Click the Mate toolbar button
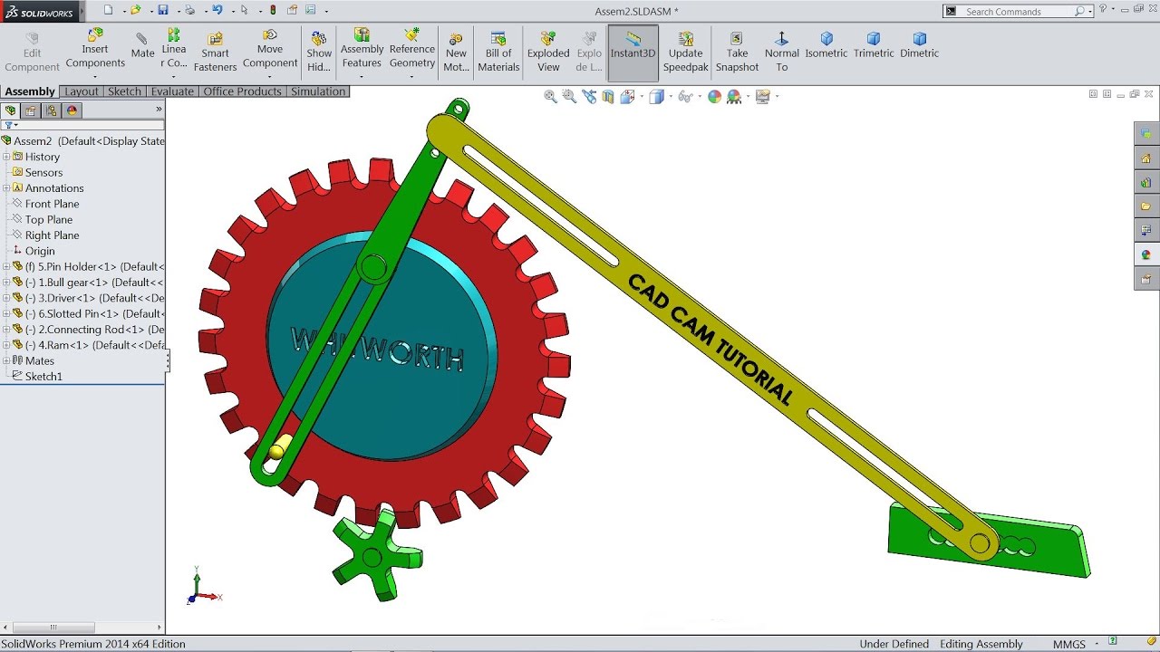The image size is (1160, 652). click(x=142, y=44)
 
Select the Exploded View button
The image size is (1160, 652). click(x=548, y=52)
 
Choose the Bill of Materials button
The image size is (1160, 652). click(x=498, y=52)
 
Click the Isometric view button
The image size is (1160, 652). click(x=826, y=44)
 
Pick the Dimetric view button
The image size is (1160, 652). click(x=919, y=44)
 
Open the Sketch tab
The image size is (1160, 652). click(x=124, y=91)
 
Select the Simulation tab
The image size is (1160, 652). click(x=318, y=91)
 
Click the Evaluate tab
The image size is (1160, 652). click(x=172, y=91)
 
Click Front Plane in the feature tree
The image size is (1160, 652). click(x=52, y=204)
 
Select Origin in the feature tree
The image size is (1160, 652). click(x=40, y=251)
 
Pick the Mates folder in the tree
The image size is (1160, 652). click(x=40, y=360)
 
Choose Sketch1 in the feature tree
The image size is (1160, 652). click(x=43, y=376)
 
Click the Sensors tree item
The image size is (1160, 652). click(x=43, y=172)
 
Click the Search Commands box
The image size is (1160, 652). click(x=1019, y=12)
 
